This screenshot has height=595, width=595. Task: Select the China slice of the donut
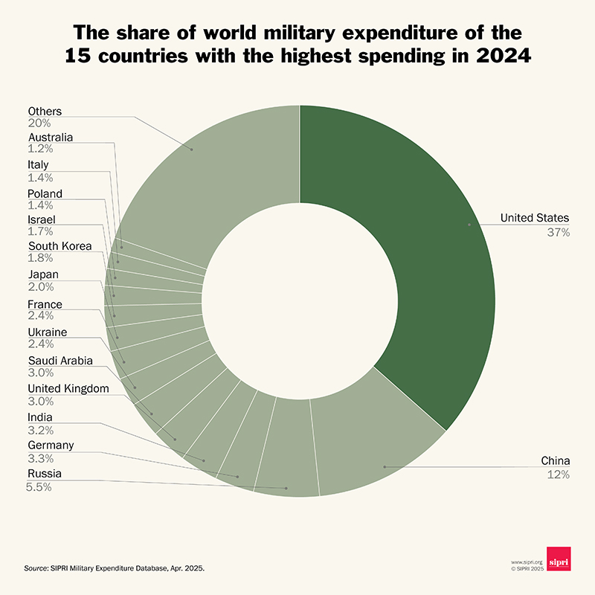pos(379,446)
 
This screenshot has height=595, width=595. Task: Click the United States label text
pos(534,218)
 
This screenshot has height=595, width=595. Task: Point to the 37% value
pos(558,233)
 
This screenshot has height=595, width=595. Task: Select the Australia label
pos(51,138)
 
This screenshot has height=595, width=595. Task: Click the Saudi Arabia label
pos(60,361)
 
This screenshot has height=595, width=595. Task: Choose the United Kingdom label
pos(68,388)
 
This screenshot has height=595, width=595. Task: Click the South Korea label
pos(60,246)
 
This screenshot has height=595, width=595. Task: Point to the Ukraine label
pos(48,332)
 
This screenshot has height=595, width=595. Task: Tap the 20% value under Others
pos(39,123)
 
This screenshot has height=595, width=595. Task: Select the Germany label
pos(51,445)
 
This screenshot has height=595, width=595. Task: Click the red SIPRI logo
pos(558,559)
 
